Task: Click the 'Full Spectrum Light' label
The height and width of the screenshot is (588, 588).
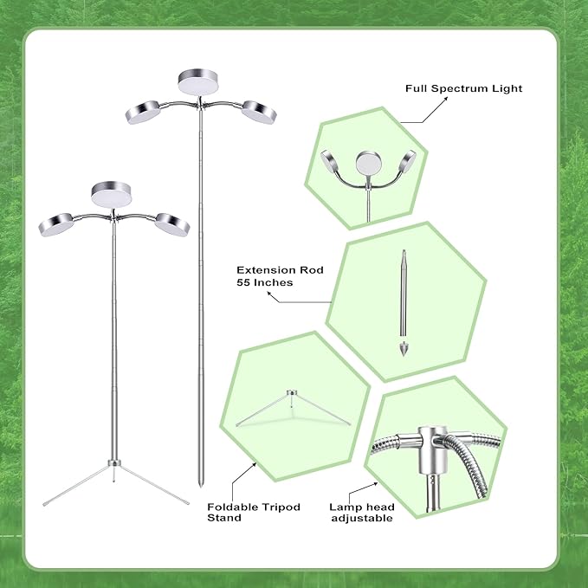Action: tap(464, 88)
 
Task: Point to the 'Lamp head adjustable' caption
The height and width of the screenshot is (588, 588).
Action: tap(361, 512)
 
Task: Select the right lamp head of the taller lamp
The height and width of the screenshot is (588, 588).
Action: tap(257, 111)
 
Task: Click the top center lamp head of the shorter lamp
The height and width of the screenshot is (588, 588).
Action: tap(110, 194)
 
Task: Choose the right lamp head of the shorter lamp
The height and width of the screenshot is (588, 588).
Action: tap(171, 223)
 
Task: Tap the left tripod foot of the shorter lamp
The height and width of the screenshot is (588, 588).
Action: tap(44, 503)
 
